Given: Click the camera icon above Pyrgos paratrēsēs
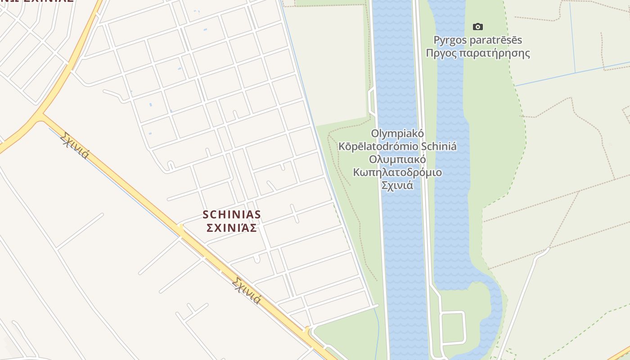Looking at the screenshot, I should [x=478, y=27].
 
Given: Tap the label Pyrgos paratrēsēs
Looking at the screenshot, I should [x=478, y=40].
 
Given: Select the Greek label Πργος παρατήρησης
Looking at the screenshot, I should [x=478, y=54].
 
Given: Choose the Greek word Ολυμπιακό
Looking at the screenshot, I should [x=397, y=159].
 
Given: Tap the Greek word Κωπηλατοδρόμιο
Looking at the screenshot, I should [x=397, y=172].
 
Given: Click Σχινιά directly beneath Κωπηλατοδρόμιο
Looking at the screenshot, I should [x=397, y=185].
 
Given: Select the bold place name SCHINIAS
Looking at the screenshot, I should [x=232, y=214].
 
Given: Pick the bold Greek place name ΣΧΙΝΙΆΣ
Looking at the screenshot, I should [x=232, y=228].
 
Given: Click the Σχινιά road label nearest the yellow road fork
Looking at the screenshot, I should [x=74, y=145].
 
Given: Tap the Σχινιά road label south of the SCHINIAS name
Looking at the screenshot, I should [x=247, y=290].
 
